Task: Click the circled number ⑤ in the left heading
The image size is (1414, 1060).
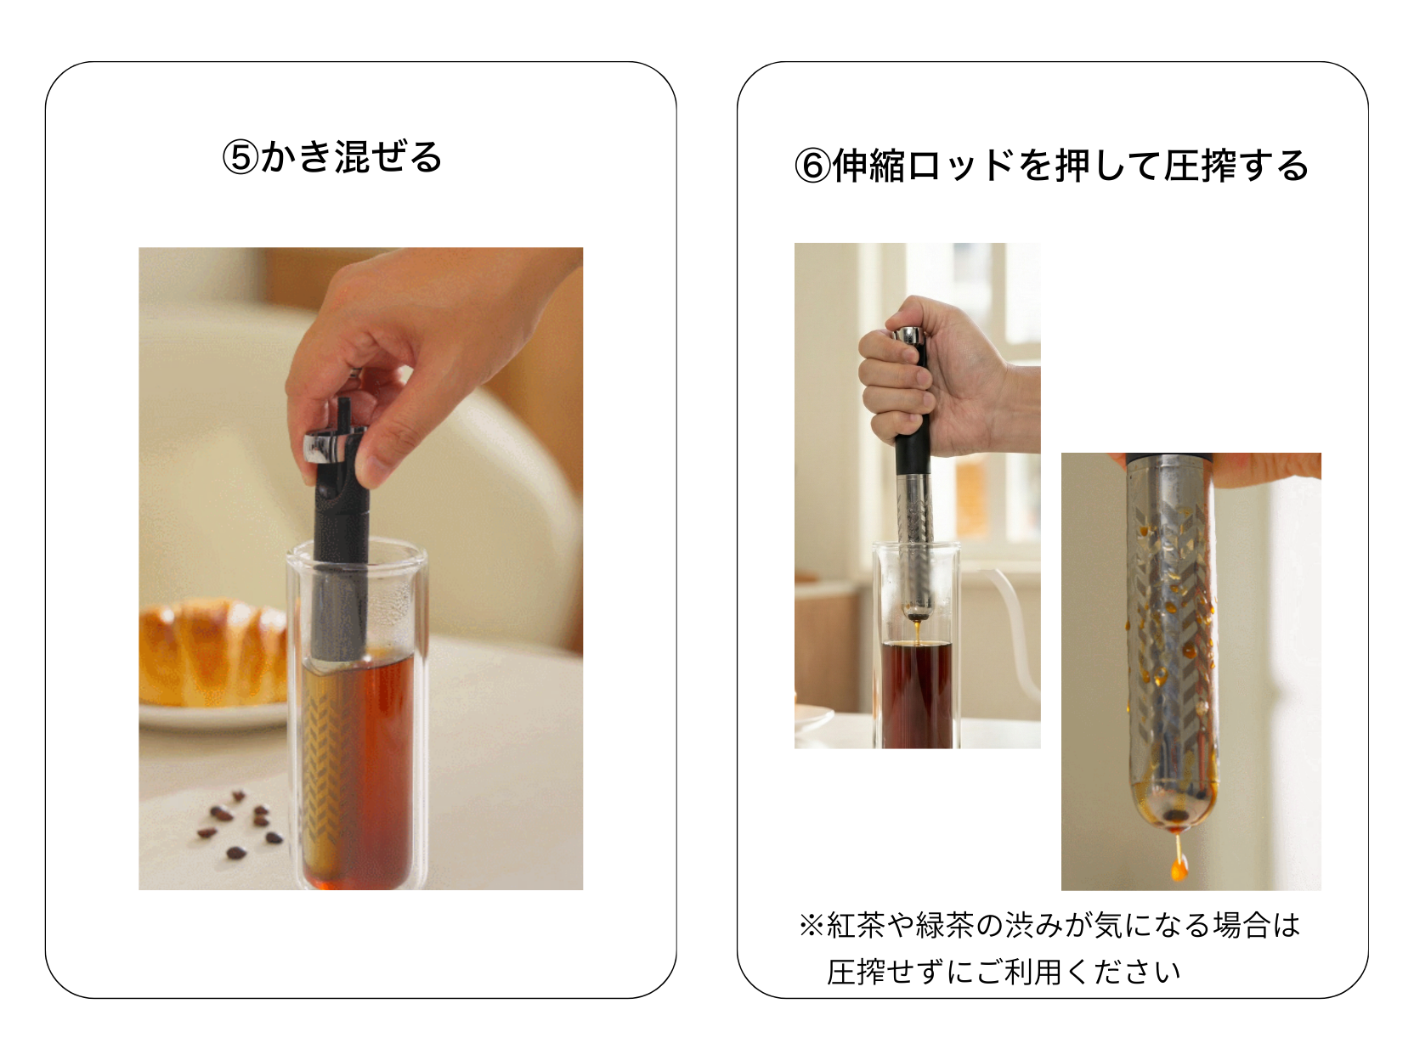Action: (240, 158)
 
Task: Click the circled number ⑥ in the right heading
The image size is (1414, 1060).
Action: (812, 166)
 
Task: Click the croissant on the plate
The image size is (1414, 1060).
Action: (212, 652)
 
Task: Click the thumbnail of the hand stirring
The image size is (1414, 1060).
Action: (361, 568)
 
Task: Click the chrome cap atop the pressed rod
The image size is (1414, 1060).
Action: (909, 335)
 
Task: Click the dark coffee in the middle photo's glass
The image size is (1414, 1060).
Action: (916, 694)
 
